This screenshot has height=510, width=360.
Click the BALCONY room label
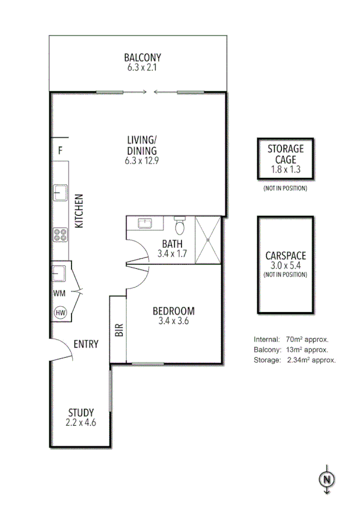[142, 58]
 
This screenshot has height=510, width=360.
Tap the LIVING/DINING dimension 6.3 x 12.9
[142, 161]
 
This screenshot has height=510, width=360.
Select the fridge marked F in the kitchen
[60, 151]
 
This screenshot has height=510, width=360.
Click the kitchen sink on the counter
[59, 192]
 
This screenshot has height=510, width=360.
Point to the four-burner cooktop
[60, 235]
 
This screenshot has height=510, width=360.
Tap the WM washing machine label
[59, 293]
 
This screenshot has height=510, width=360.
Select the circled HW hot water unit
[60, 312]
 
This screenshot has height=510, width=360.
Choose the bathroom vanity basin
[145, 224]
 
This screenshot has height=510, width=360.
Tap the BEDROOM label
[173, 311]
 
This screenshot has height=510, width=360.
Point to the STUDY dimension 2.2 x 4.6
[81, 423]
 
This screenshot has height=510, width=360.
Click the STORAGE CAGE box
[285, 159]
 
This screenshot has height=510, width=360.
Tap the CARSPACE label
[285, 255]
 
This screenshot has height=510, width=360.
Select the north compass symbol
[326, 479]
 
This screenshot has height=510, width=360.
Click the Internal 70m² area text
[291, 339]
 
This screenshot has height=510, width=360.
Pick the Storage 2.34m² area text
[294, 360]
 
